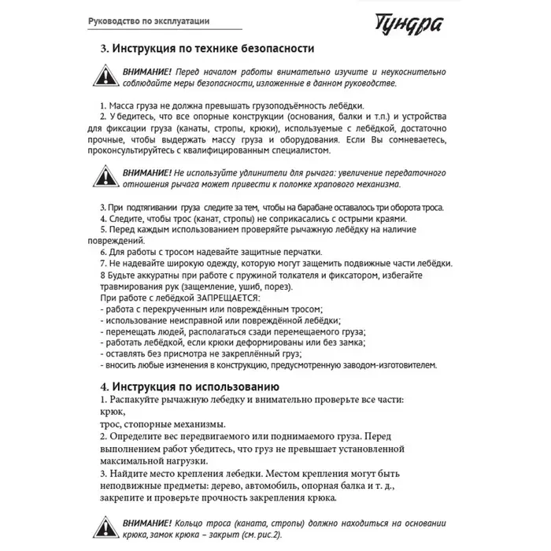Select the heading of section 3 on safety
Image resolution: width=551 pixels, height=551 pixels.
pyautogui.click(x=208, y=49)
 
